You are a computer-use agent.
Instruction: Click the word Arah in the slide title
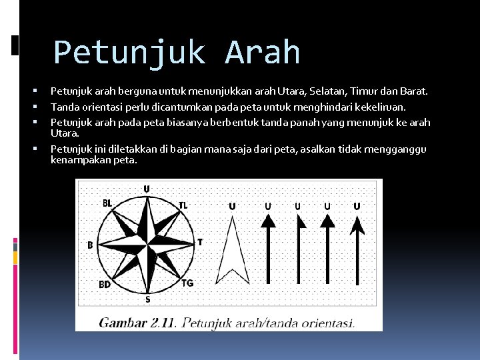tap(263, 53)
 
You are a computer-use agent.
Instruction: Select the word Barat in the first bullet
tap(413, 91)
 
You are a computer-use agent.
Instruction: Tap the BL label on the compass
tap(107, 203)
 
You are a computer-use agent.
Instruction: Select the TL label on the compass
tap(183, 205)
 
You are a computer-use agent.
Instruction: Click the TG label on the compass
tap(187, 283)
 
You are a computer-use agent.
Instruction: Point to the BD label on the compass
tap(105, 285)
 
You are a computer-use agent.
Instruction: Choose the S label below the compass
tap(147, 299)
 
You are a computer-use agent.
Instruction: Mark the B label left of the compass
tap(90, 245)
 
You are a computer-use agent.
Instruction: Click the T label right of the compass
tap(200, 242)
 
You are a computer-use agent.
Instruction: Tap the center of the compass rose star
tap(147, 243)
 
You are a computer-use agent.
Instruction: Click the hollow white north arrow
tap(232, 253)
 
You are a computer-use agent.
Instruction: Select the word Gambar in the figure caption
tap(123, 323)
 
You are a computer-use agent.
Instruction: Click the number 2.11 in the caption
tap(163, 323)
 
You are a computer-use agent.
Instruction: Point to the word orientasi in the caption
tap(323, 323)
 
